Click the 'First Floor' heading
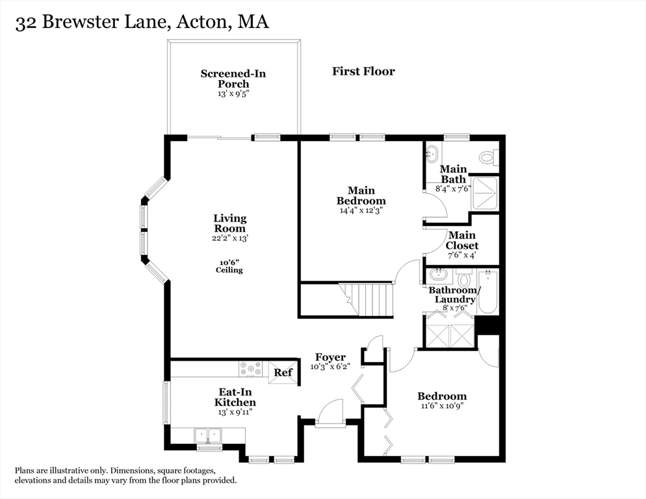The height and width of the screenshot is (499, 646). tap(363, 71)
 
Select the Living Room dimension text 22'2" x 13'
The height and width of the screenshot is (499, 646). tap(230, 238)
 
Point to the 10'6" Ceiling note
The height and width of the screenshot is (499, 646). tap(229, 266)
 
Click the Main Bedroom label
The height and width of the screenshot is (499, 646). tap(361, 196)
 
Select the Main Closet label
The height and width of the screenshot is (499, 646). tap(462, 240)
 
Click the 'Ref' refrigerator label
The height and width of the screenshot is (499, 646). tap(282, 373)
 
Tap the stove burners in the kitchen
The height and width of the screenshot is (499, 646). tap(250, 369)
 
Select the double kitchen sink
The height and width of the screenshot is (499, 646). tap(207, 434)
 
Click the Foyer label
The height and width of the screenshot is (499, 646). tap(330, 357)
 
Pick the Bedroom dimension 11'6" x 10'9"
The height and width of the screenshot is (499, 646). tap(441, 406)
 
